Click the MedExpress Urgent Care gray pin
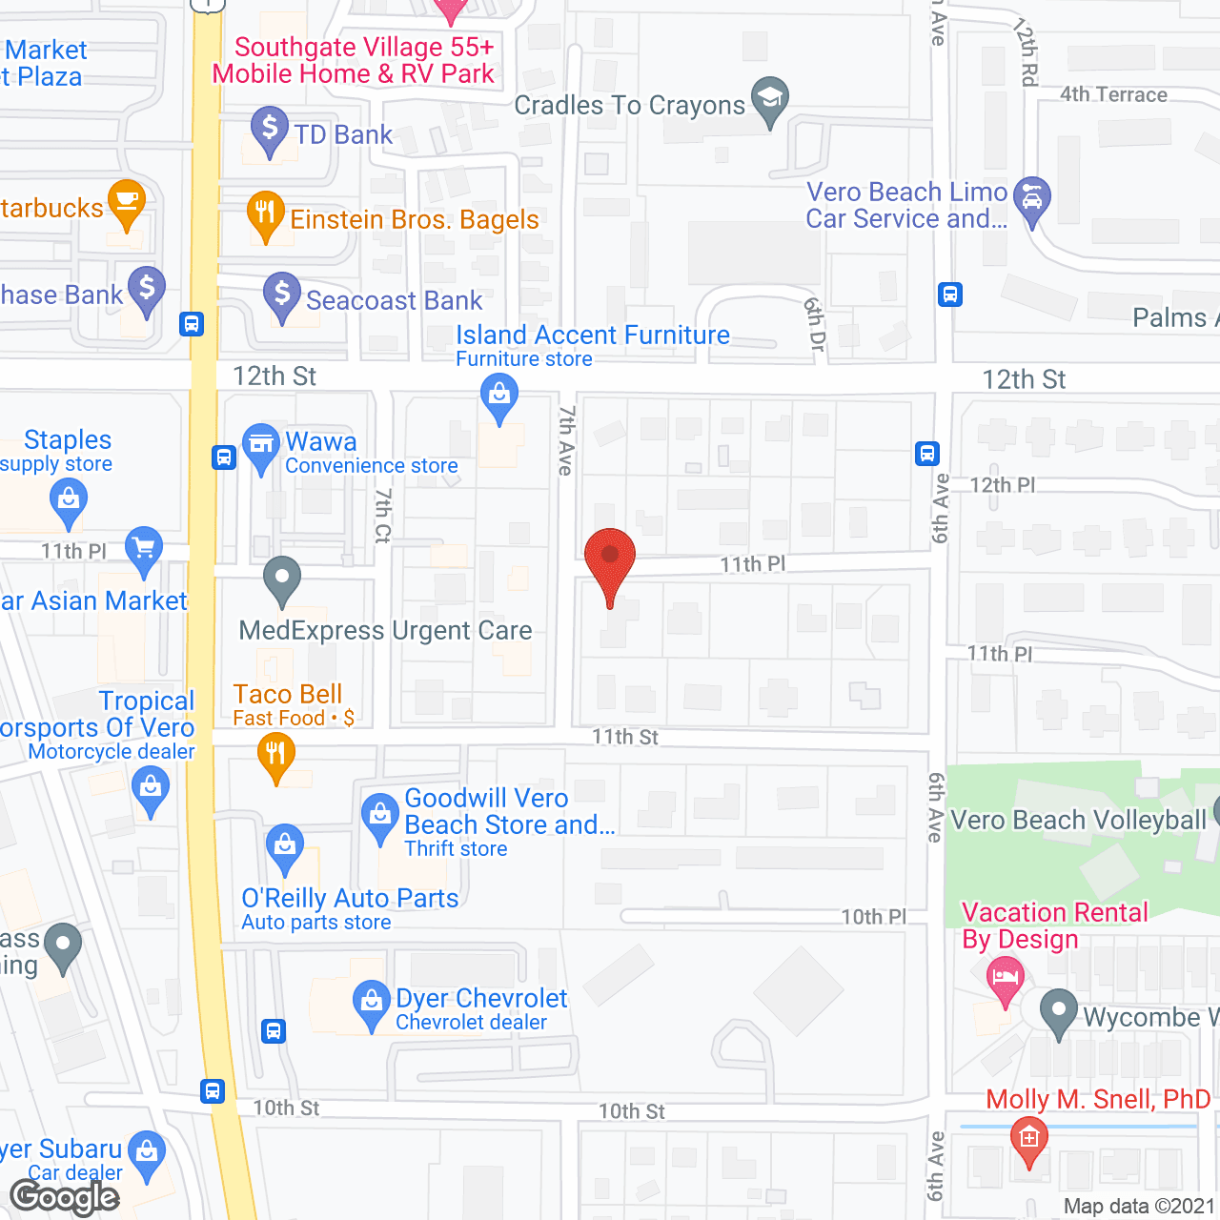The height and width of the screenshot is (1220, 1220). [x=282, y=579]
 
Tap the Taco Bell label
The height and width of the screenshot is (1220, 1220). [x=287, y=695]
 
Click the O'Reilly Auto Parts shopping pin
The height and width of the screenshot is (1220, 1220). [x=284, y=846]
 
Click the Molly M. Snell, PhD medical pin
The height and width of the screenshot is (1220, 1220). [x=1028, y=1139]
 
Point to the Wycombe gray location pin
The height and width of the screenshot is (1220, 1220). [x=1058, y=1011]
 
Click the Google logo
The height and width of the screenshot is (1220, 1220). [x=65, y=1197]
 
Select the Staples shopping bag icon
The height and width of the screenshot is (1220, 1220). [x=68, y=499]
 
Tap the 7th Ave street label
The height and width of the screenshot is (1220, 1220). [x=565, y=440]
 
